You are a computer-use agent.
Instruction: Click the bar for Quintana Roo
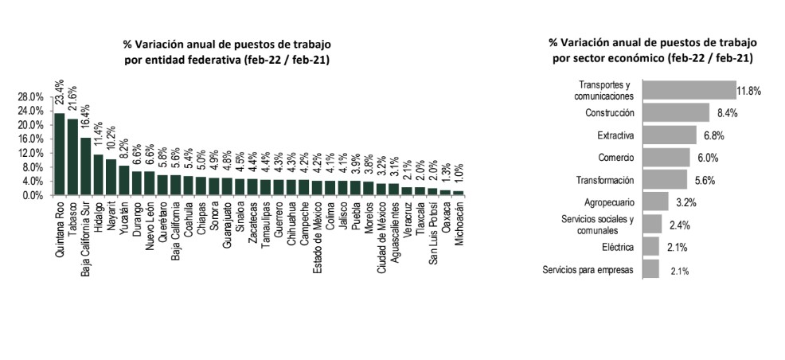click(x=59, y=154)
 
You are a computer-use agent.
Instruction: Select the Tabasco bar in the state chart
click(x=72, y=157)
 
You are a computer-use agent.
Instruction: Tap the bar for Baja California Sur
click(x=85, y=166)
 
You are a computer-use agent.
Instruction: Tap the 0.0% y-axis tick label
click(x=33, y=195)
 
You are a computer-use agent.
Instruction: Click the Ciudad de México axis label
click(x=381, y=238)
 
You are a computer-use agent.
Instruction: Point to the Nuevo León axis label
click(x=150, y=226)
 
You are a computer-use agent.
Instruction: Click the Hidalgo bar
click(x=98, y=174)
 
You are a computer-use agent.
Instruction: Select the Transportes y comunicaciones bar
click(x=689, y=90)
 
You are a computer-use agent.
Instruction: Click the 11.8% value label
click(x=748, y=91)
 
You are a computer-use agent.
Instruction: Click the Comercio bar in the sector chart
click(x=666, y=157)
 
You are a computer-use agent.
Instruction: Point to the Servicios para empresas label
click(x=588, y=270)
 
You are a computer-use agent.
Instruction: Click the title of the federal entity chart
click(x=227, y=51)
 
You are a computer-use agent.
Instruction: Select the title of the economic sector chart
click(x=652, y=49)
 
